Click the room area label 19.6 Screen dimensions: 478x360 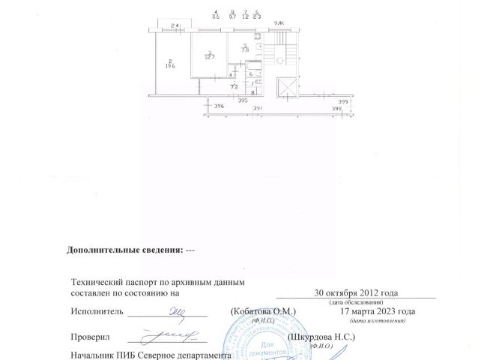pos(171,65)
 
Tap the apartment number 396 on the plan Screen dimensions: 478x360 pos(219,107)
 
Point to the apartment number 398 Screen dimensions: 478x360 pos(336,109)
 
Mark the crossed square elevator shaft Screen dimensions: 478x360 pos(285,88)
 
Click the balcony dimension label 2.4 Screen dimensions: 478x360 pos(175,28)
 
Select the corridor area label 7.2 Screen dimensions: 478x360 pos(235,87)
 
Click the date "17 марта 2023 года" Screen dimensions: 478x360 pos(377,310)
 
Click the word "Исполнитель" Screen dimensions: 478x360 pos(96,310)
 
